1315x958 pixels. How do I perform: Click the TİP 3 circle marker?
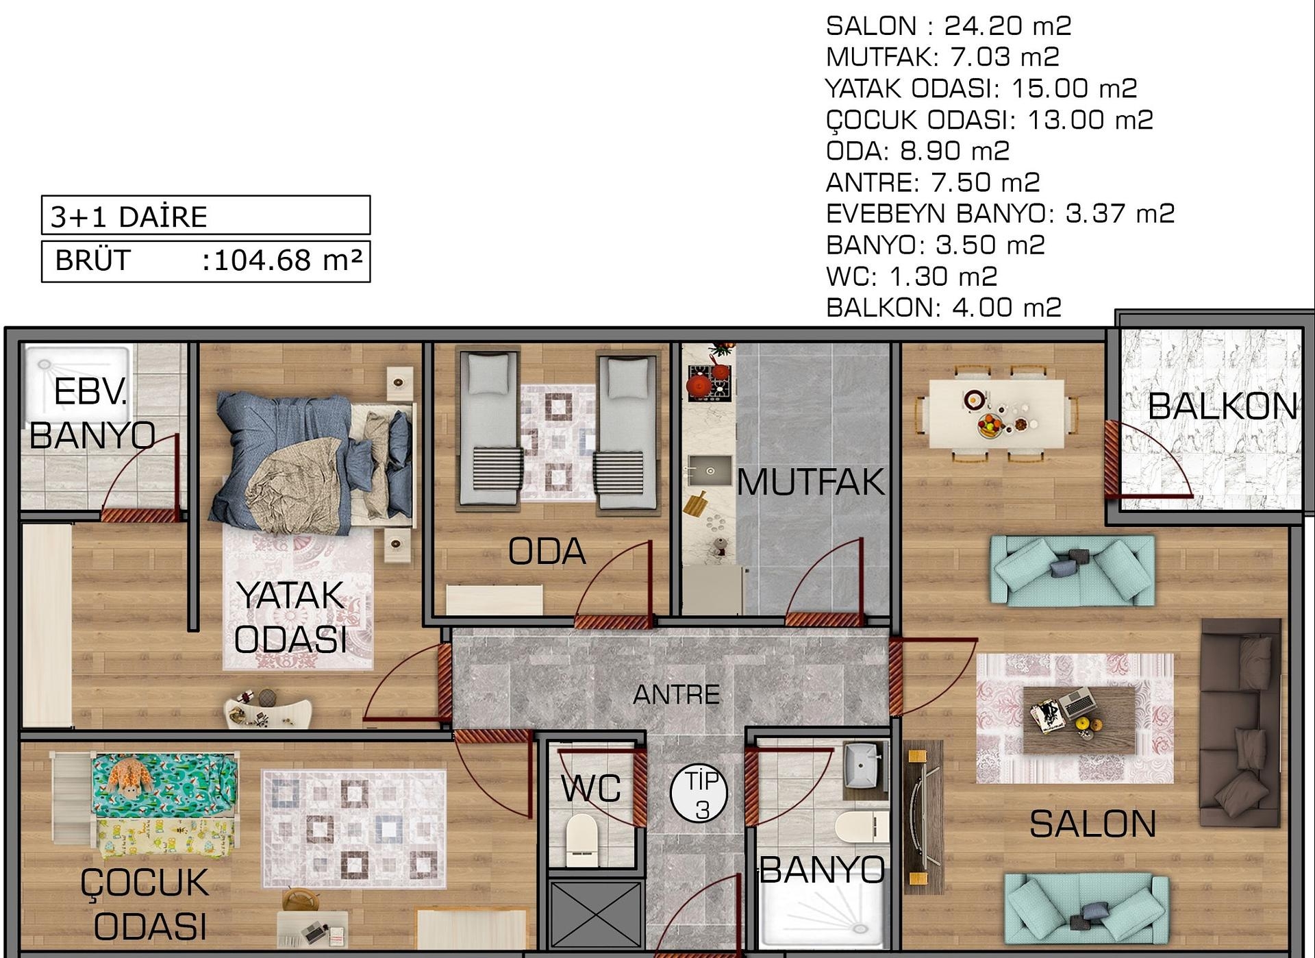[699, 794]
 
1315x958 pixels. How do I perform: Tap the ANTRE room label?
[676, 695]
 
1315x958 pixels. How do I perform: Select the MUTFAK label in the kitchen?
[811, 482]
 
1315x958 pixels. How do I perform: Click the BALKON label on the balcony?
[1223, 406]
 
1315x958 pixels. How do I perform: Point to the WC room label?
[590, 788]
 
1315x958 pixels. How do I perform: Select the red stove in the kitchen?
[710, 382]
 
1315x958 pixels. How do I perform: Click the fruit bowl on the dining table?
[991, 425]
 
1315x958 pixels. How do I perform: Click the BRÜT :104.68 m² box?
[205, 261]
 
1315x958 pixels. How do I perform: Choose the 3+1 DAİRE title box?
[205, 215]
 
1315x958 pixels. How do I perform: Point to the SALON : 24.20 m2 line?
[948, 26]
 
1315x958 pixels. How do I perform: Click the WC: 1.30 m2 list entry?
[912, 277]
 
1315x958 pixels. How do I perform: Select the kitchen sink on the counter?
[709, 470]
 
